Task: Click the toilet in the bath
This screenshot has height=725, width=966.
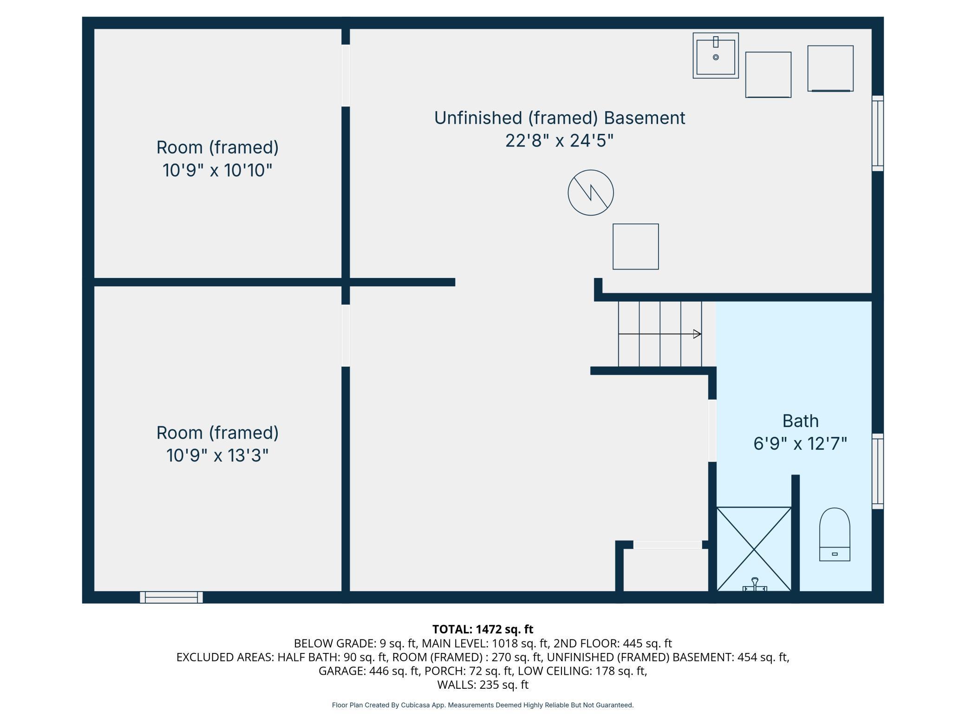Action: (834, 534)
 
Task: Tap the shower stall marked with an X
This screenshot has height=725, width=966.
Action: (754, 549)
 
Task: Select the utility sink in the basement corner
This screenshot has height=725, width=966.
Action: (716, 56)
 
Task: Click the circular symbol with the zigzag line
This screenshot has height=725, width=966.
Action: (591, 192)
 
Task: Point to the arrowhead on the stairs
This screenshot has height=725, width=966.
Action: (697, 334)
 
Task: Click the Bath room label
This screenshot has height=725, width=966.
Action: (800, 421)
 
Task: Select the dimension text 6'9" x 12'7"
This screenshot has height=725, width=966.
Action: (800, 444)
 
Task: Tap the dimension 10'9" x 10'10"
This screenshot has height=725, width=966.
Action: (217, 170)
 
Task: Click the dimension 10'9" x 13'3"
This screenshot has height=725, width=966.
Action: (217, 455)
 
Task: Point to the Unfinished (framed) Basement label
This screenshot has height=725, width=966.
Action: (560, 118)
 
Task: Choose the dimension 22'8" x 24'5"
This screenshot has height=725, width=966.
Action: (560, 140)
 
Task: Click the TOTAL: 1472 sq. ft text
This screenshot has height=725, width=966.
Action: (483, 629)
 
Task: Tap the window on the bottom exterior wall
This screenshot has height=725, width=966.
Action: (171, 597)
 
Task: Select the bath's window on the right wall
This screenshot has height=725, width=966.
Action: (877, 471)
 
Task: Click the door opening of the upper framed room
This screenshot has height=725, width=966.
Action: (346, 75)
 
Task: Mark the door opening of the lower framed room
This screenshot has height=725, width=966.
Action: (346, 336)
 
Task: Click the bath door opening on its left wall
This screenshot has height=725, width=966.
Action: (712, 431)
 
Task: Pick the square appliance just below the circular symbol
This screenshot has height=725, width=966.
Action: (635, 246)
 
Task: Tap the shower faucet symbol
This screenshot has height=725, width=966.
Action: (755, 585)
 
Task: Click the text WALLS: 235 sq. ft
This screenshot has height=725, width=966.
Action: (483, 685)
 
